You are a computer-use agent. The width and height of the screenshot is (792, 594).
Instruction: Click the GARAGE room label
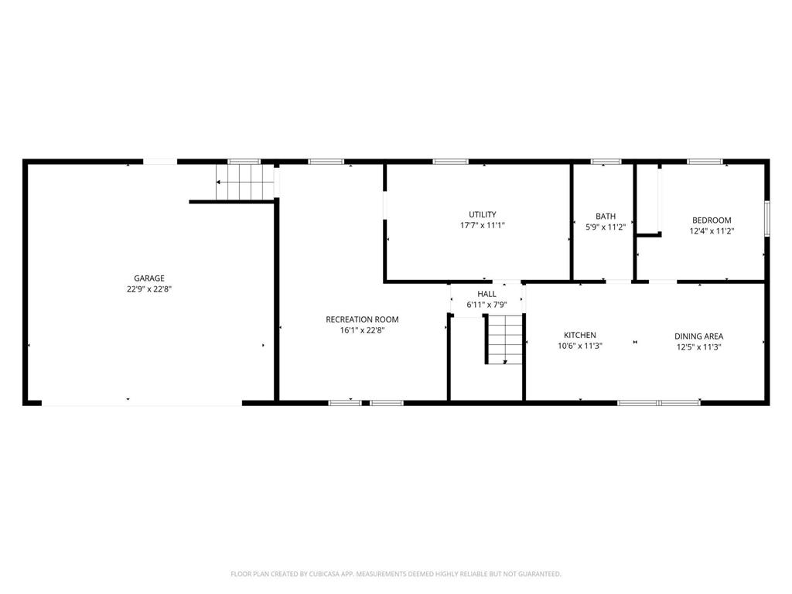tap(148, 278)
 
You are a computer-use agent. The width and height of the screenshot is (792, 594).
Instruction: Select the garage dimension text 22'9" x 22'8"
tap(148, 289)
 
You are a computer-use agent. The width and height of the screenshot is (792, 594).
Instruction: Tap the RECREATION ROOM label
tap(362, 319)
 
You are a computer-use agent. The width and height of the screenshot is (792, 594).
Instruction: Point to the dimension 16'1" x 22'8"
tap(362, 330)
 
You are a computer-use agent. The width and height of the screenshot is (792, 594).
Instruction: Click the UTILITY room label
tap(483, 215)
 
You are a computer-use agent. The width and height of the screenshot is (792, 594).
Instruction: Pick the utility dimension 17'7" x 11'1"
tap(483, 226)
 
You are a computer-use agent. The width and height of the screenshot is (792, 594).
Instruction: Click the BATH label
tap(606, 217)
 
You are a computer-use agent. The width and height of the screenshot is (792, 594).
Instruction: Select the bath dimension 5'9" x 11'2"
tap(606, 227)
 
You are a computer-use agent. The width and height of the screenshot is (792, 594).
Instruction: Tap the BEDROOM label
tap(712, 220)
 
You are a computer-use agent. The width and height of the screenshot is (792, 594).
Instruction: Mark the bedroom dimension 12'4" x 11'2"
tap(712, 231)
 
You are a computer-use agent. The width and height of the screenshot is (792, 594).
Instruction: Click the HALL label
tap(486, 294)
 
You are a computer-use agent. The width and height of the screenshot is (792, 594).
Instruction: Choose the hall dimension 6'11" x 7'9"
tap(486, 306)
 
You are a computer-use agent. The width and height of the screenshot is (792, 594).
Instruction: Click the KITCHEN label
tap(579, 336)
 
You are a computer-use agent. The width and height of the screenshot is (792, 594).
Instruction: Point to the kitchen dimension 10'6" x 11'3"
tap(579, 346)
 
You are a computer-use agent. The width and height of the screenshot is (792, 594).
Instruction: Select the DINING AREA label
tap(698, 336)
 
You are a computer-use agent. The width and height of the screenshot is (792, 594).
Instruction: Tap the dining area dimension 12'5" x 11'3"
tap(698, 347)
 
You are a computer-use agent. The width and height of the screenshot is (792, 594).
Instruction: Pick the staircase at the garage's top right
tap(245, 183)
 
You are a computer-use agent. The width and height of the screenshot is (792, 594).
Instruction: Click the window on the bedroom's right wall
tap(766, 218)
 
